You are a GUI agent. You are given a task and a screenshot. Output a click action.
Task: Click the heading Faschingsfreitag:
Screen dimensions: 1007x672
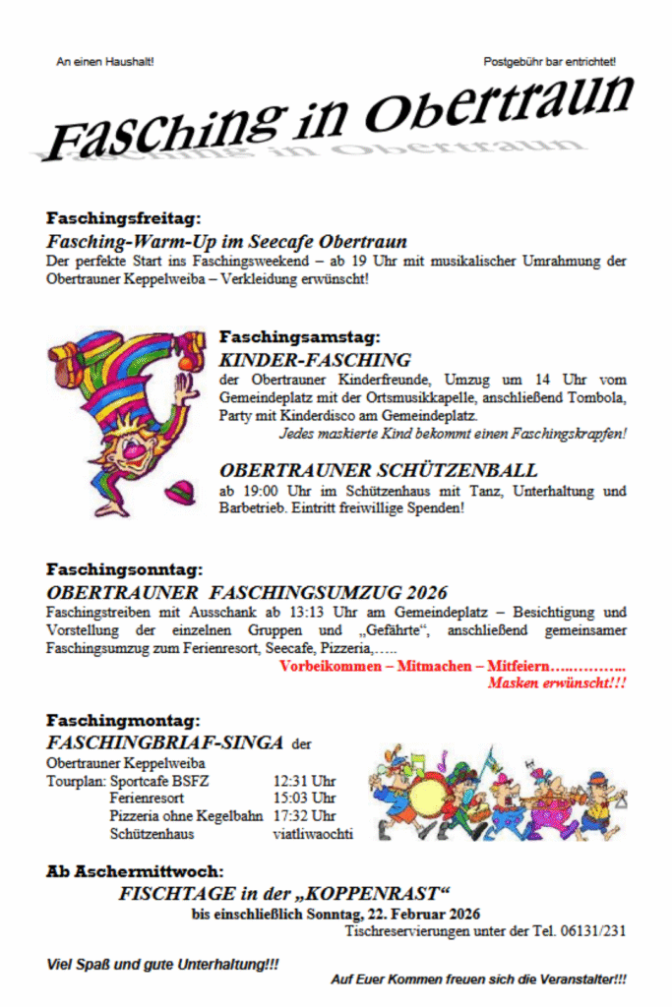[x=124, y=218]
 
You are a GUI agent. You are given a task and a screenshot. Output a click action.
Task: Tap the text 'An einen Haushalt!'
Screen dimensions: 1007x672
[x=105, y=62]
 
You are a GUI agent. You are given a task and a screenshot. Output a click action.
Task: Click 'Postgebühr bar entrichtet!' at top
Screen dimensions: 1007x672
[x=550, y=62]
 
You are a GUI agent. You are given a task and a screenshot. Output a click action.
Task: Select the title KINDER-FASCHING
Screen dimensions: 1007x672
[x=315, y=360]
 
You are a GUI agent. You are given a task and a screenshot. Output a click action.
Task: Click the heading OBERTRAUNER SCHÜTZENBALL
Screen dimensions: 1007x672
[x=379, y=470]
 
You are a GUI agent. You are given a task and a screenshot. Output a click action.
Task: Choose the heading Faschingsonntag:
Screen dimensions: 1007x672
[x=125, y=569]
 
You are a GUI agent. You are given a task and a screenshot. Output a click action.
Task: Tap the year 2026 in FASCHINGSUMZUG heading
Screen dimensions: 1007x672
[x=423, y=593]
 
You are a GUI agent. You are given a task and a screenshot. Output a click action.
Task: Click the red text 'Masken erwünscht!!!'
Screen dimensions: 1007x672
[x=557, y=682]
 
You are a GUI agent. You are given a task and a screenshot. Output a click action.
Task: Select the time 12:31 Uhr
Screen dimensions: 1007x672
[x=304, y=780]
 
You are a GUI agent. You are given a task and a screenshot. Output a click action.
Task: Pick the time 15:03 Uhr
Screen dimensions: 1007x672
[x=304, y=798]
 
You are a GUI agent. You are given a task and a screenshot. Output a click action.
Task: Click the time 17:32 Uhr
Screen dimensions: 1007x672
[x=304, y=816]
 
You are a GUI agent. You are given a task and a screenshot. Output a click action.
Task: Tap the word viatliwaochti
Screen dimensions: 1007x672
[x=312, y=834]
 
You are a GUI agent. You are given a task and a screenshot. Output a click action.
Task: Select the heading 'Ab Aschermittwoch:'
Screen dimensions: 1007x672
[x=135, y=871]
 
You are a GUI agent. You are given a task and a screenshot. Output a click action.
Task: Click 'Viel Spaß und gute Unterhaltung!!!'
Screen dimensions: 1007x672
[x=162, y=966]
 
